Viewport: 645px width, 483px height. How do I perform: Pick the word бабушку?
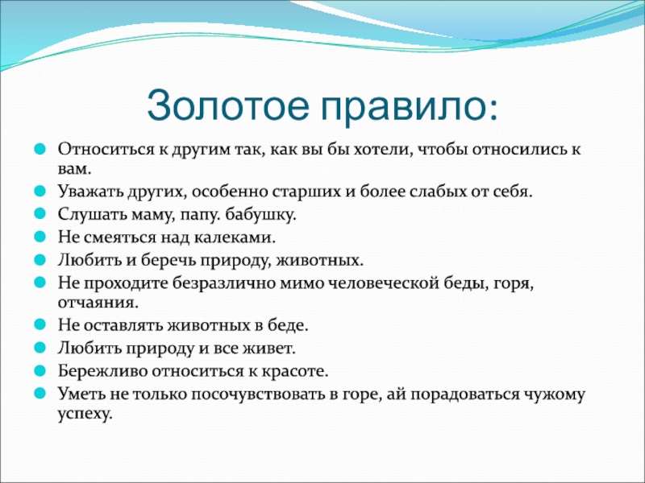[260, 214]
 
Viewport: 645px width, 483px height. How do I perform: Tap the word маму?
[153, 215]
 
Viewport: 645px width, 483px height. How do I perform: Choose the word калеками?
[235, 237]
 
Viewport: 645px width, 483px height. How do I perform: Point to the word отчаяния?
[98, 303]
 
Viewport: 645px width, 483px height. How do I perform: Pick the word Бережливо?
[103, 371]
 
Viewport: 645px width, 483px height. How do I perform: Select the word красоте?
[295, 372]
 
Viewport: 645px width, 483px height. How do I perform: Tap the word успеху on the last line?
[85, 414]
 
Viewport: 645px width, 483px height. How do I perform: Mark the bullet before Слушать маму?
[40, 214]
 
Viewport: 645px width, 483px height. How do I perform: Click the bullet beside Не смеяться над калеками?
[40, 237]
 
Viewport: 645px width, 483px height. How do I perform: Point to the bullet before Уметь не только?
[40, 394]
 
